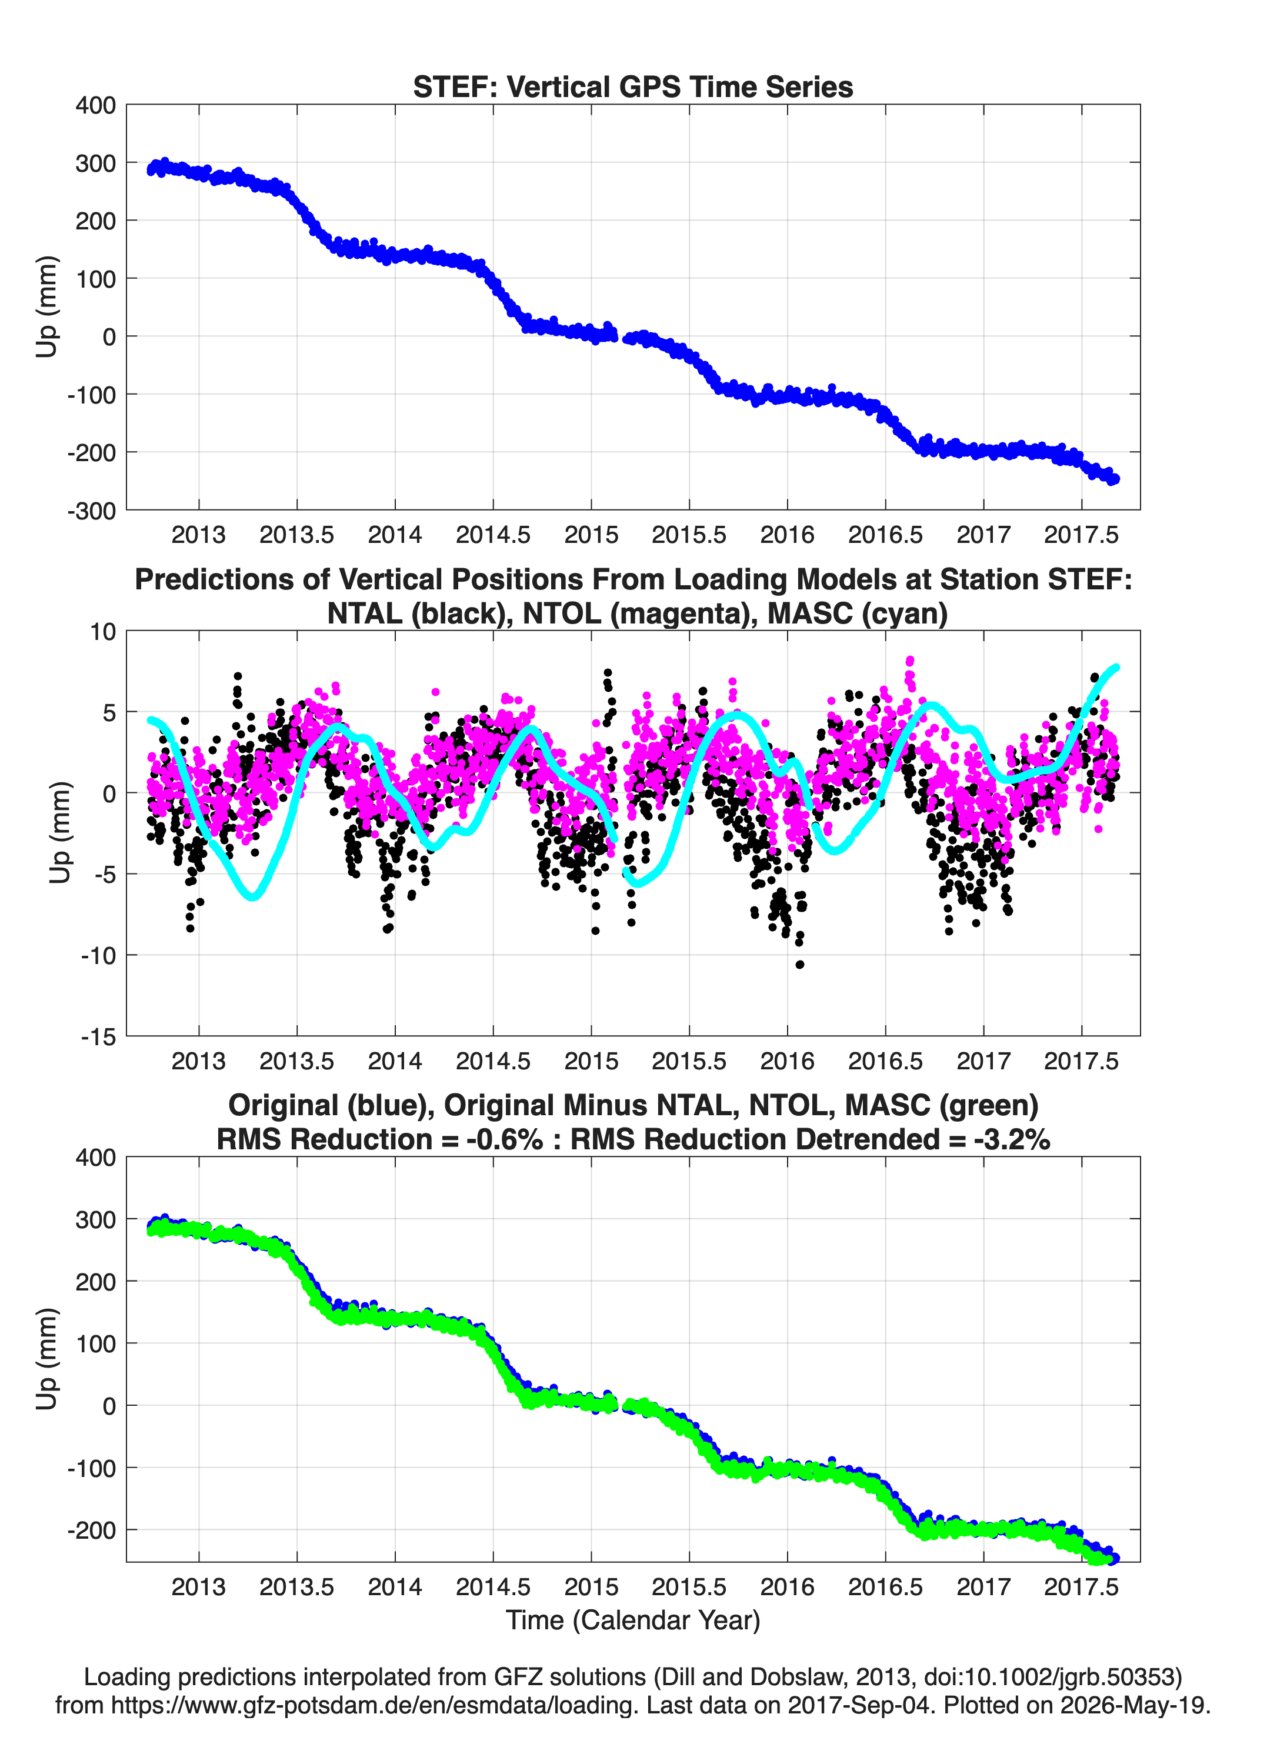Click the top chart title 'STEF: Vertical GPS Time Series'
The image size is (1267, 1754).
(x=633, y=86)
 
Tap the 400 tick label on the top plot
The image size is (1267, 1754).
(x=95, y=105)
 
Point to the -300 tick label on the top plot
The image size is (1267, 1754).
(x=91, y=511)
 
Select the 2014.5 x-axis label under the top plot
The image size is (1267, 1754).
(x=493, y=535)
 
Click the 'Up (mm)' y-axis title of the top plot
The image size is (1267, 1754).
(x=46, y=306)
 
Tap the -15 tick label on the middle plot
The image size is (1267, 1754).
(x=98, y=1036)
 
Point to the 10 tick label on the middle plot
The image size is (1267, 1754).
(x=103, y=631)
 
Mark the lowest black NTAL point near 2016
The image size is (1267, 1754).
(x=800, y=965)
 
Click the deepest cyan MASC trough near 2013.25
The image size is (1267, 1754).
(x=252, y=896)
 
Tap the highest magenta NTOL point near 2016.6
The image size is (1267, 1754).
(x=909, y=661)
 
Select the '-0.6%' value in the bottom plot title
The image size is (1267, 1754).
(x=505, y=1139)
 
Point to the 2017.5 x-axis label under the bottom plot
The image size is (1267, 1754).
(x=1081, y=1587)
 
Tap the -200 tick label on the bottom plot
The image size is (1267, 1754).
(x=91, y=1530)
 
